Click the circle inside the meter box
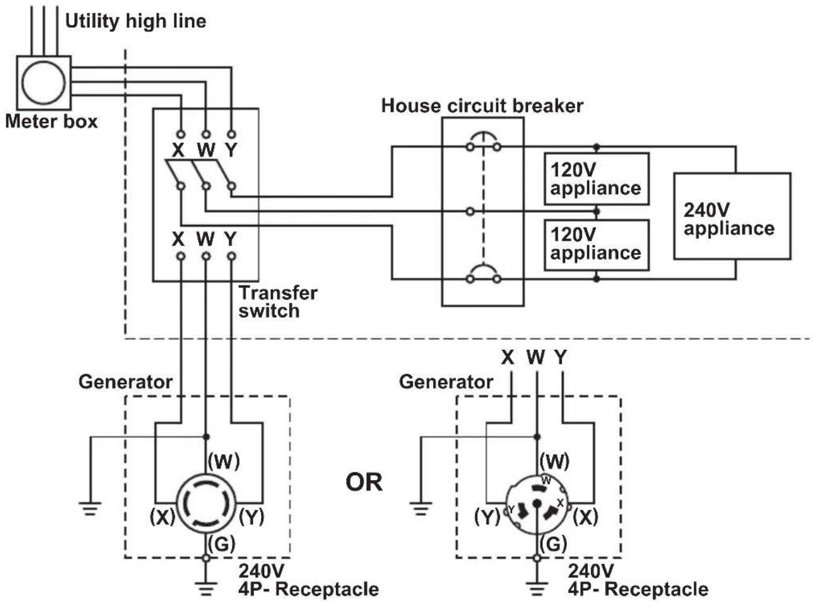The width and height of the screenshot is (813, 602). pyautogui.click(x=22, y=83)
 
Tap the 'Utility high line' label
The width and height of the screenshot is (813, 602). pyautogui.click(x=136, y=21)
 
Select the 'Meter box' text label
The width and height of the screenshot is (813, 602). pyautogui.click(x=51, y=121)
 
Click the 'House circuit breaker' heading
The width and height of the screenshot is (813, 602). pyautogui.click(x=482, y=106)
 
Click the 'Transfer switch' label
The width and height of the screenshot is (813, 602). pyautogui.click(x=278, y=302)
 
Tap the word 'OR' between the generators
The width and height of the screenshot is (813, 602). pyautogui.click(x=364, y=482)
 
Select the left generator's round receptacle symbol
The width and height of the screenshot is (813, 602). pyautogui.click(x=177, y=502)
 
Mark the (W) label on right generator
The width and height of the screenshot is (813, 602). pyautogui.click(x=554, y=461)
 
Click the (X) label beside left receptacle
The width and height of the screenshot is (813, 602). pyautogui.click(x=162, y=518)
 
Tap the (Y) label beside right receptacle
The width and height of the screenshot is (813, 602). pyautogui.click(x=487, y=518)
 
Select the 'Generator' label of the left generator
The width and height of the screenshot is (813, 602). pyautogui.click(x=125, y=382)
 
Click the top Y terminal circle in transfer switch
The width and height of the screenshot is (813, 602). pyautogui.click(x=231, y=134)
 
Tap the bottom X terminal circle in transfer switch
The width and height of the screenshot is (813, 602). pyautogui.click(x=181, y=256)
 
